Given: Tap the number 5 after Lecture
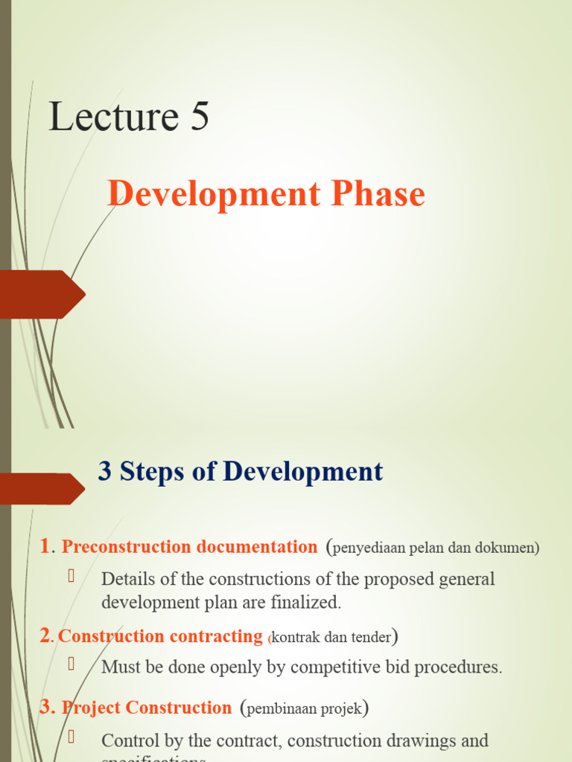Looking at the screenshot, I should (x=199, y=118).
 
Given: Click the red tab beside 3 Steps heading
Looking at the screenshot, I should (x=42, y=488).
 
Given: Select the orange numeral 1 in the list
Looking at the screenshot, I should (x=44, y=547).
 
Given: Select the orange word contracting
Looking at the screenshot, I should (x=217, y=637).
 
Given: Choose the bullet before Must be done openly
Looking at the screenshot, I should (x=72, y=663).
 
